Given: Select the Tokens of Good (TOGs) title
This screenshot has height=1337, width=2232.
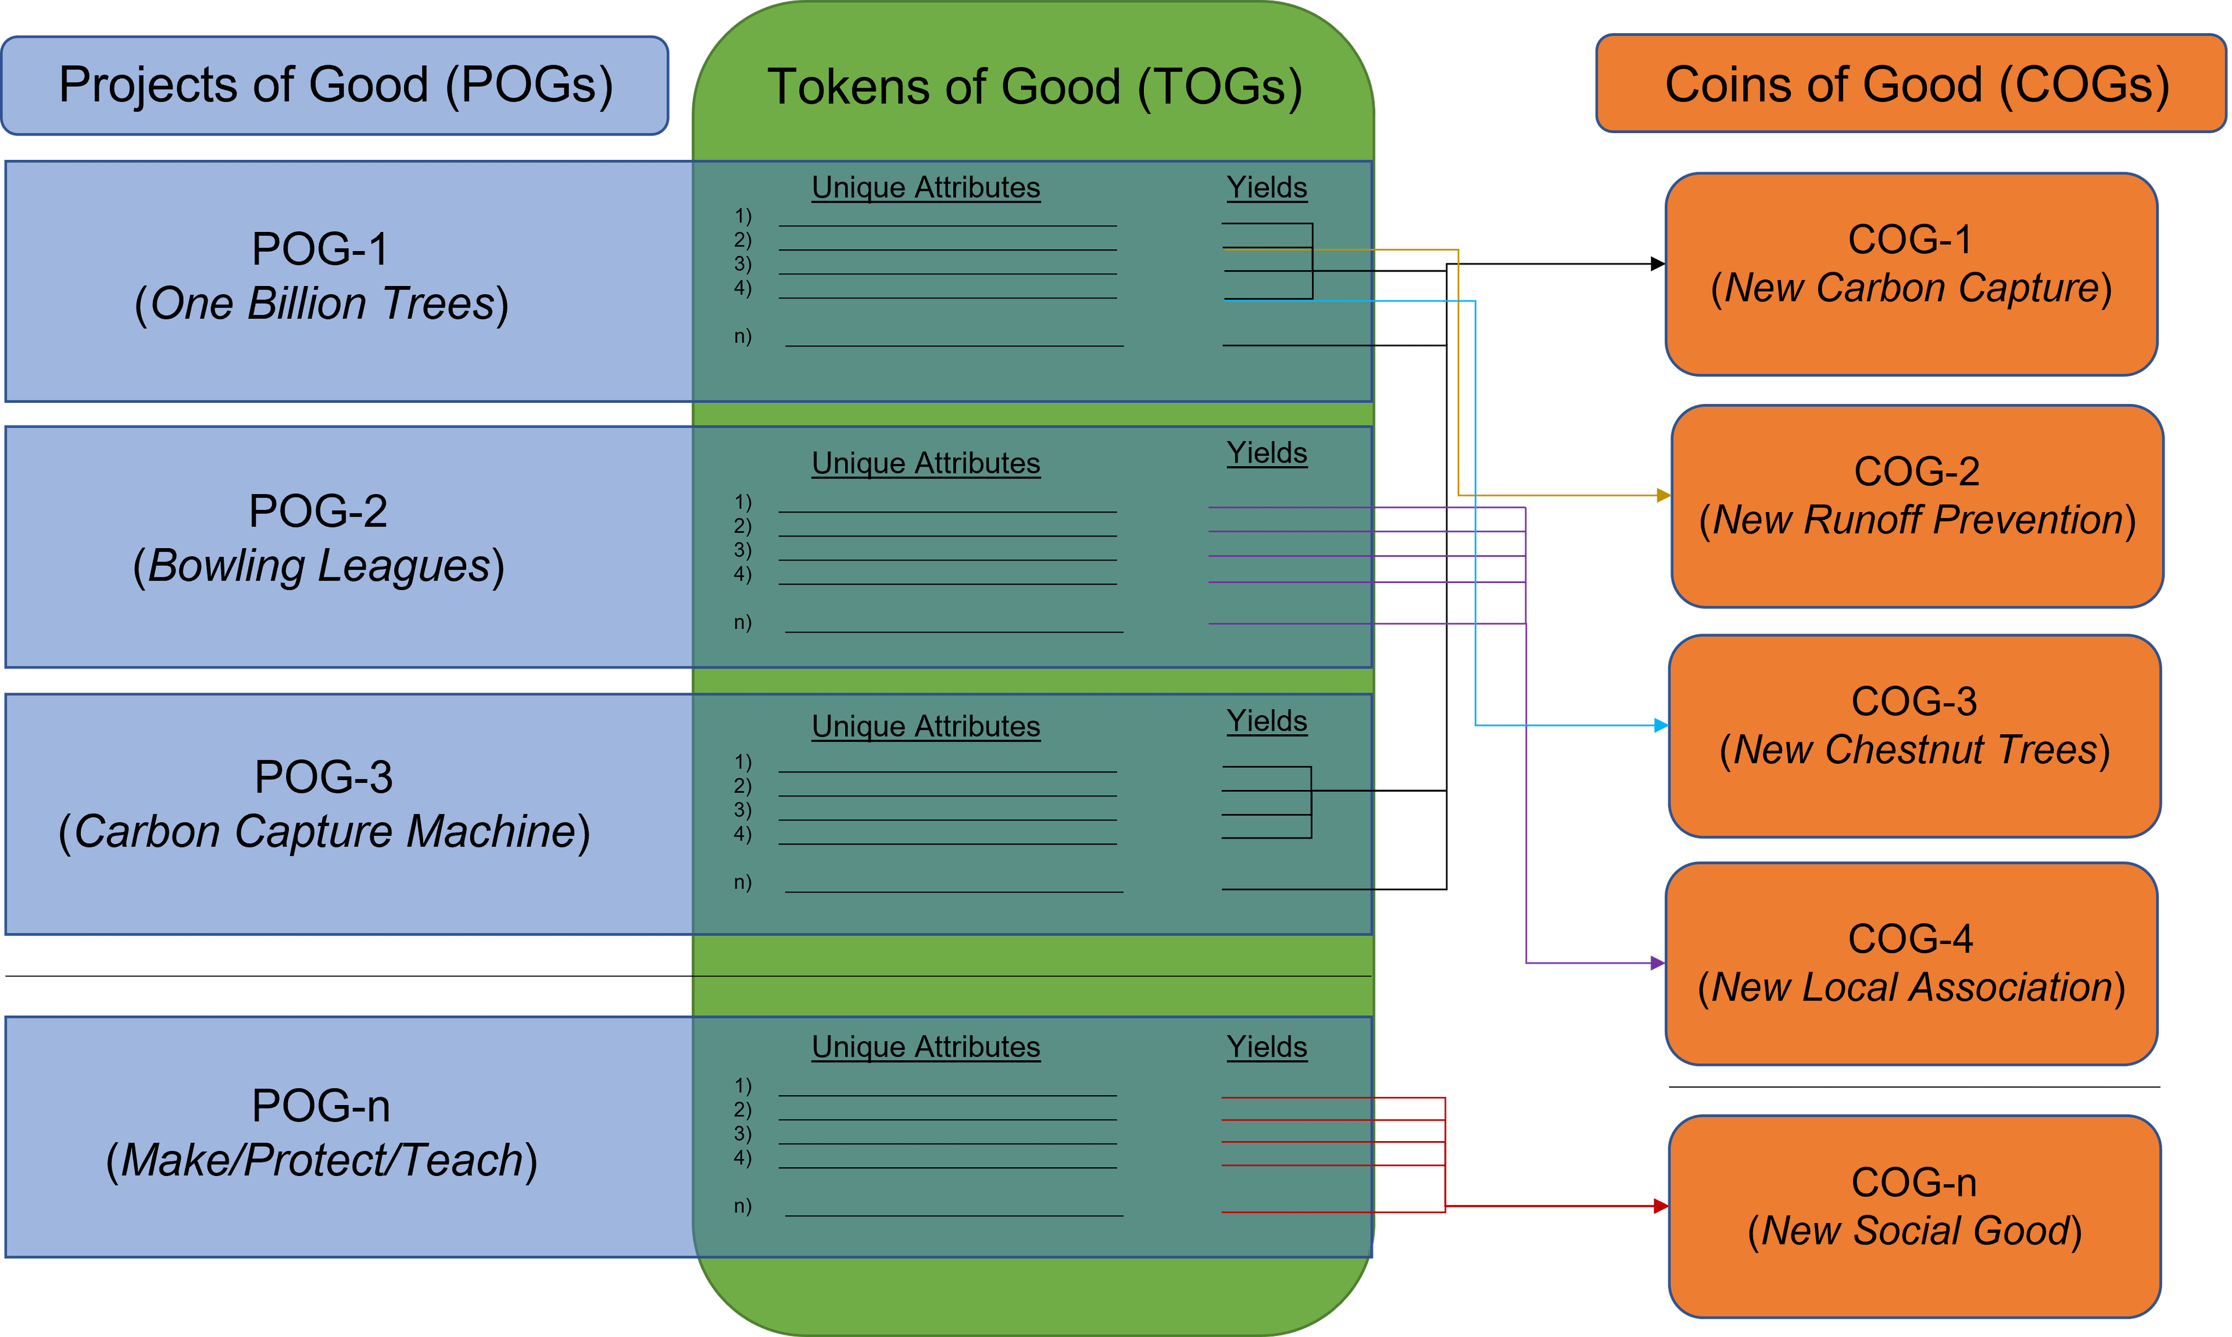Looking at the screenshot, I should click(1034, 87).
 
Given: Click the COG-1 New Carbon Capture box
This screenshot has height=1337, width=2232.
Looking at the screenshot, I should click(1911, 274).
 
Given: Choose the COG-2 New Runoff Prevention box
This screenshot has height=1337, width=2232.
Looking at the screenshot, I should click(1917, 505).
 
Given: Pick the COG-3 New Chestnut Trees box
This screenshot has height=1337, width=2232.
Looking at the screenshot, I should click(1914, 736).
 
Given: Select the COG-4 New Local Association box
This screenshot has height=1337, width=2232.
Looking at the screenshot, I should click(1911, 964).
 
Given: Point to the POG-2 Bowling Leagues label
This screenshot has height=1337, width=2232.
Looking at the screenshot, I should click(319, 539).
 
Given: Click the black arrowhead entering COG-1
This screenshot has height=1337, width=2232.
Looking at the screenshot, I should click(1657, 264).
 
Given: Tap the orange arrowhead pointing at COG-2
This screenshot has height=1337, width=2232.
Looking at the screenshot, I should click(1663, 495).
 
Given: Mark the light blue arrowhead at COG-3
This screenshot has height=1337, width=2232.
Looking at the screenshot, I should click(1661, 725).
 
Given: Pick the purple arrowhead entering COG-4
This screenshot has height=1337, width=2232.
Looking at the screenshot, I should click(1657, 963).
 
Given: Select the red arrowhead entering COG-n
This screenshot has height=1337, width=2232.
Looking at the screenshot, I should click(1660, 1206).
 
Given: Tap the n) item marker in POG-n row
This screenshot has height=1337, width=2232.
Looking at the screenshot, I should click(742, 1206).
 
